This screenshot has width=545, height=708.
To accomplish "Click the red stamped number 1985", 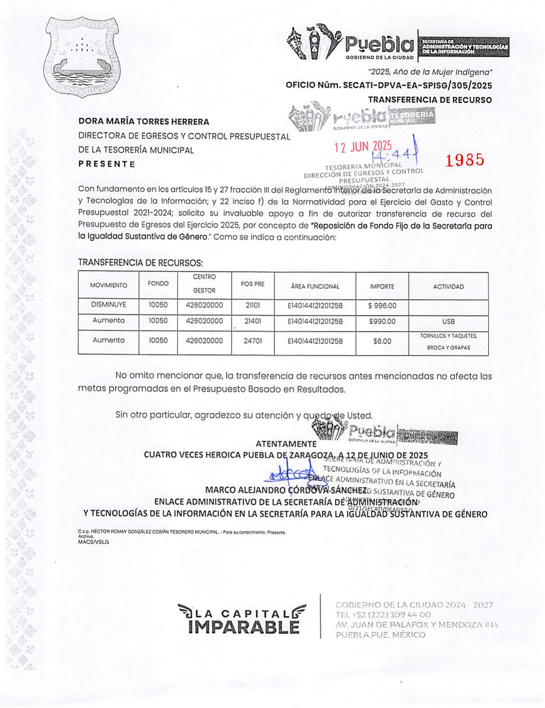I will pyautogui.click(x=465, y=160).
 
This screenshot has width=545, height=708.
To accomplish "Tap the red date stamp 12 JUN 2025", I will pyautogui.click(x=363, y=147).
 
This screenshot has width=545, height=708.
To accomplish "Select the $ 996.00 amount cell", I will pyautogui.click(x=382, y=306).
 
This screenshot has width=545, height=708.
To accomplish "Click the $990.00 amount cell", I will pyautogui.click(x=382, y=321).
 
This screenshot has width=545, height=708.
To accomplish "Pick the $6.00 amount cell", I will pyautogui.click(x=382, y=341).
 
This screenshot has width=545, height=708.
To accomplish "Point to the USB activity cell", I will pyautogui.click(x=448, y=322).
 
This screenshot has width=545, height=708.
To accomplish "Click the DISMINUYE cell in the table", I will pyautogui.click(x=108, y=305).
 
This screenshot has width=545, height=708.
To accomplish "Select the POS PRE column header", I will pyautogui.click(x=253, y=284).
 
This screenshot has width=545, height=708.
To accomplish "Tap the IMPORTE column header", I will pyautogui.click(x=382, y=286).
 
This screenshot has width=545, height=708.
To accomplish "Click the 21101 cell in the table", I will pyautogui.click(x=253, y=305).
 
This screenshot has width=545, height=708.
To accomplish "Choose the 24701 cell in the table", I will pyautogui.click(x=253, y=341).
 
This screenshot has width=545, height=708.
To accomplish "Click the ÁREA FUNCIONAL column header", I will pyautogui.click(x=315, y=286).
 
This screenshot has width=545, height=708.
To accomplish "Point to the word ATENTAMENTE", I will pyautogui.click(x=286, y=444).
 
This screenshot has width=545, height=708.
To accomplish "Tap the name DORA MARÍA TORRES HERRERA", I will pyautogui.click(x=144, y=122).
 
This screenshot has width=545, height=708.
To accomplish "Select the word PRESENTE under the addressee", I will pyautogui.click(x=107, y=164).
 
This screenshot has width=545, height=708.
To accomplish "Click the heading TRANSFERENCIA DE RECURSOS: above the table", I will pyautogui.click(x=140, y=263).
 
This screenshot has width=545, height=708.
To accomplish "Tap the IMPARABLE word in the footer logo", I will pyautogui.click(x=243, y=627).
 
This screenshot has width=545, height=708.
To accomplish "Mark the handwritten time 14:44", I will pyautogui.click(x=393, y=154).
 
